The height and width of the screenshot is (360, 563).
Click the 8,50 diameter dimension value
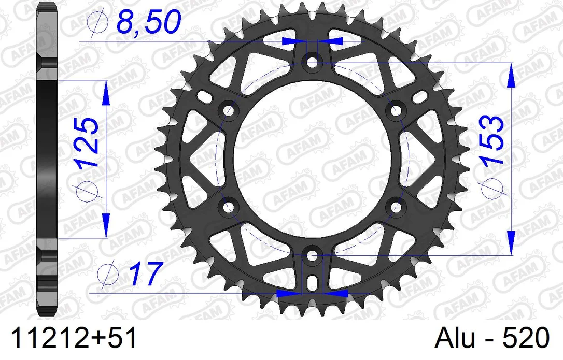[x=148, y=22]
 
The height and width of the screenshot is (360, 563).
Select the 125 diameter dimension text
[x=87, y=142]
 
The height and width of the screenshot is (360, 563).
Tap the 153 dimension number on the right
[x=492, y=140]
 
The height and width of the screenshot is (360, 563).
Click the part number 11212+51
[x=74, y=338]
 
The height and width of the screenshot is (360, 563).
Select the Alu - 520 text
[x=492, y=338]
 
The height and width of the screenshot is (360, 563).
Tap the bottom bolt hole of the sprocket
[x=313, y=256]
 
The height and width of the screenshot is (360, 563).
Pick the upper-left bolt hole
[x=228, y=110]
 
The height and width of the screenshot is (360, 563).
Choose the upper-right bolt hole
[x=396, y=110]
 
